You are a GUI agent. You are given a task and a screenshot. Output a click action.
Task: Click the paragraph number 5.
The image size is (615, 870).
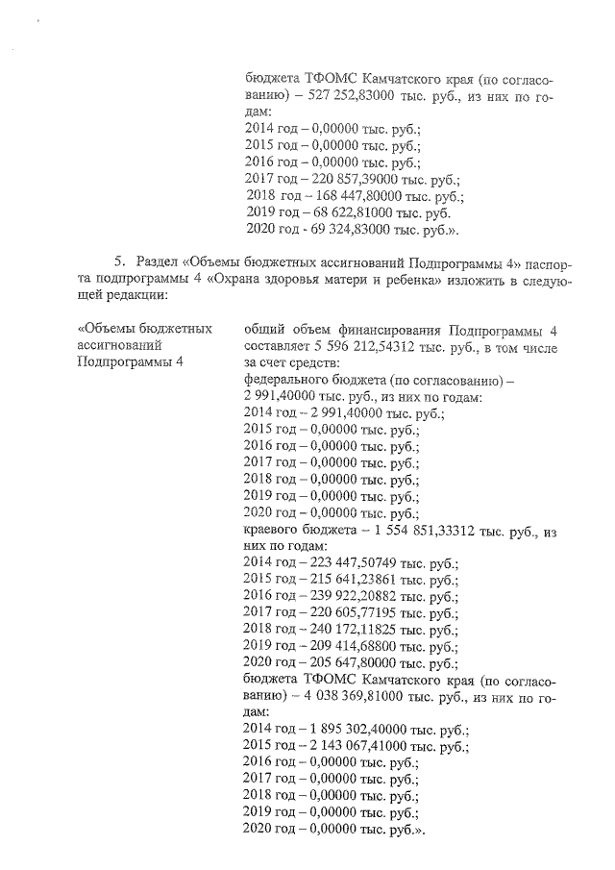(119, 262)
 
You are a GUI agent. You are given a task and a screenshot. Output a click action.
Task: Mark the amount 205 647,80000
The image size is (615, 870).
(353, 662)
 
